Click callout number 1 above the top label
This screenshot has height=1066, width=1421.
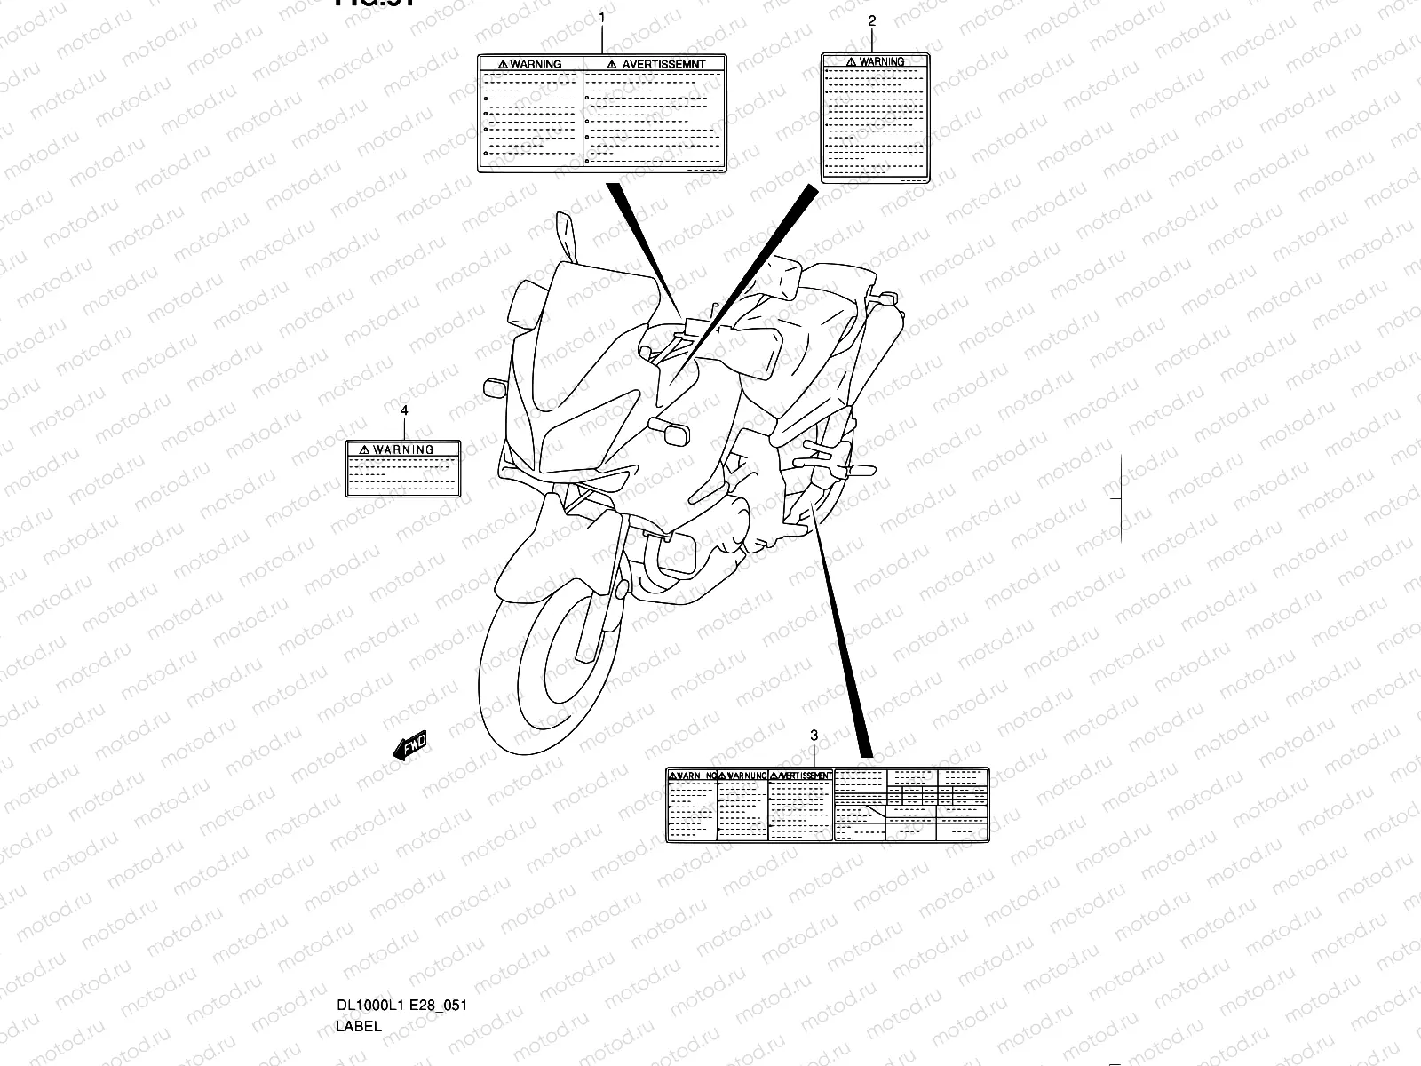(x=602, y=16)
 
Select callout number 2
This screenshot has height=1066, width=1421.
(x=871, y=20)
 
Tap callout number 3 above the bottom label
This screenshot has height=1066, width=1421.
(x=814, y=735)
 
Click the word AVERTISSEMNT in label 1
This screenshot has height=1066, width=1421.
(x=663, y=64)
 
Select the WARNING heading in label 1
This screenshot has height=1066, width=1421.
(x=536, y=64)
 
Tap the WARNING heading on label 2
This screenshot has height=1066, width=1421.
(x=882, y=61)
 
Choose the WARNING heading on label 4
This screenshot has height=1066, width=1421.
(x=403, y=449)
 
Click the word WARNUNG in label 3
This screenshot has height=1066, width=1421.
(x=746, y=776)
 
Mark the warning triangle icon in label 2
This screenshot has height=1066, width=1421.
(x=851, y=61)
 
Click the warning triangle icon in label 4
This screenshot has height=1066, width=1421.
(x=365, y=449)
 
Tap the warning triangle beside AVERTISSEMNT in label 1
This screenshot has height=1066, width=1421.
(x=613, y=64)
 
